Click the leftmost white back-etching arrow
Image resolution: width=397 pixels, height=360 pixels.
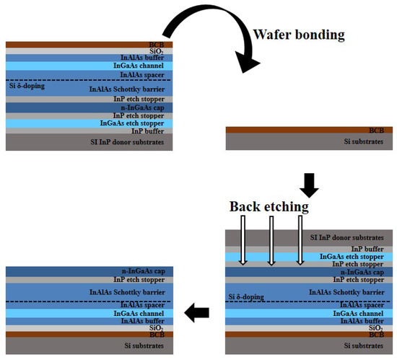click(243, 242)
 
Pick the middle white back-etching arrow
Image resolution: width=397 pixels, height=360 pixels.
click(271, 242)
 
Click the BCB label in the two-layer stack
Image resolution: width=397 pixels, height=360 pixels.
click(375, 131)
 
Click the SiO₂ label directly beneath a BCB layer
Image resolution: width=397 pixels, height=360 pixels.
click(155, 51)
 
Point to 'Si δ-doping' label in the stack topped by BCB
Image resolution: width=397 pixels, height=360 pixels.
click(27, 85)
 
